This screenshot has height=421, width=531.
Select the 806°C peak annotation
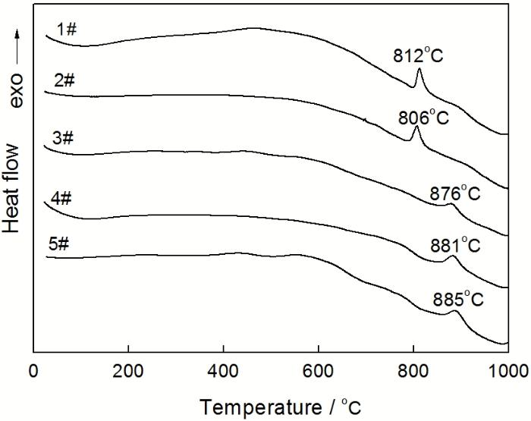pos(424,118)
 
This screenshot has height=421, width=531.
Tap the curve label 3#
pos(63,138)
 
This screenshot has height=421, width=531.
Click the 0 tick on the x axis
pos(33,371)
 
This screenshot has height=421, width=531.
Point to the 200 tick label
pos(128,371)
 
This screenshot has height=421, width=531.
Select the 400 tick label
pos(223,371)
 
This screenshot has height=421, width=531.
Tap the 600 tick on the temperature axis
pos(318,371)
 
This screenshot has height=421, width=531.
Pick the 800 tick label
pos(413,371)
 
